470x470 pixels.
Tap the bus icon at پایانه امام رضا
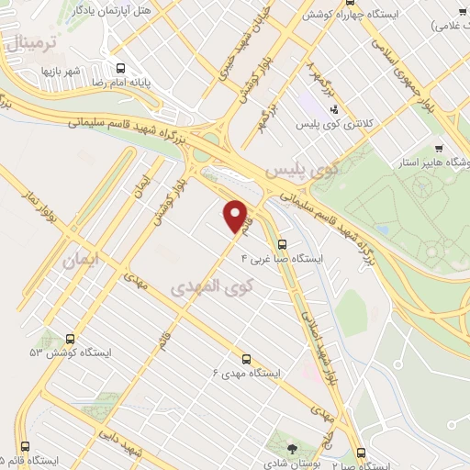click(x=119, y=67)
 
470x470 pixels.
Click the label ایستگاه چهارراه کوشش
click(x=341, y=14)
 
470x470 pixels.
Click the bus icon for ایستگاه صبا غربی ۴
click(x=283, y=245)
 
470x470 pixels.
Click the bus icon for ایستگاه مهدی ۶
click(x=246, y=359)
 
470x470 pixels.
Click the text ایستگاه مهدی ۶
click(x=245, y=374)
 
